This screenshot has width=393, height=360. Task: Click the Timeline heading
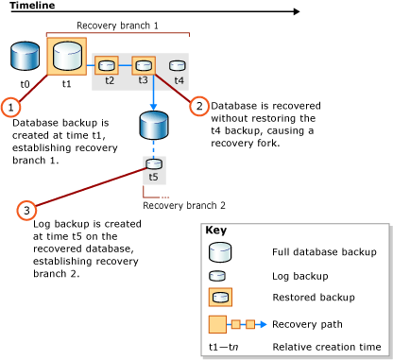31,6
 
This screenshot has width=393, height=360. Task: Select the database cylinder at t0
26,58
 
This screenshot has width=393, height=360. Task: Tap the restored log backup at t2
107,66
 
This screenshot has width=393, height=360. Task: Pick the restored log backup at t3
144,66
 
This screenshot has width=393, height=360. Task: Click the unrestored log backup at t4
178,66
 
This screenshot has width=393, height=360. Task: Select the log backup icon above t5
153,162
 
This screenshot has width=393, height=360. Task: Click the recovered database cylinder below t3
153,124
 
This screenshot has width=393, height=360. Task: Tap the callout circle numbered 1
11,107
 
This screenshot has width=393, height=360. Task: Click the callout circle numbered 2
198,106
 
